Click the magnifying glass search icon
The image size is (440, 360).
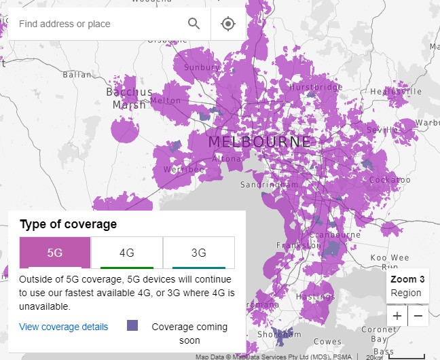pos(194,24)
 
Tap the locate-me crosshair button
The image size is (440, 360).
pos(228,24)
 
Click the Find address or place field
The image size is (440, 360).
pos(95,24)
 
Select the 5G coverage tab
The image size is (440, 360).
pos(55,253)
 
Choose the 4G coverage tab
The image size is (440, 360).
pos(127,253)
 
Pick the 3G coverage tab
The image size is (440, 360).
pos(198,253)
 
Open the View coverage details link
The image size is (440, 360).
pos(64,327)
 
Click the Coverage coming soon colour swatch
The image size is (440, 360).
pos(132,326)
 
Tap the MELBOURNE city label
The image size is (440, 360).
pos(260,142)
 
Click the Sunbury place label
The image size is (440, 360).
pos(202,68)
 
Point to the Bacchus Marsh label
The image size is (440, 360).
pos(130,98)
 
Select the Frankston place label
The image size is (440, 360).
pos(299,245)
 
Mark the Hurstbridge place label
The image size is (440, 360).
pos(316,88)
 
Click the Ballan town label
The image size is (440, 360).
pos(77,75)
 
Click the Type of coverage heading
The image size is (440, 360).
pos(69,224)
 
